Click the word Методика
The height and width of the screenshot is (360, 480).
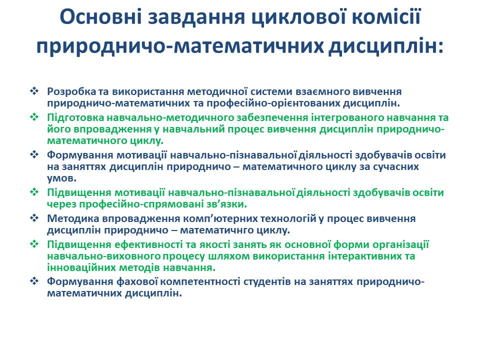70,218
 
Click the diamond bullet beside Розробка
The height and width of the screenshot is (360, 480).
34,91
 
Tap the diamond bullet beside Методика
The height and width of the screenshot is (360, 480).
34,218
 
